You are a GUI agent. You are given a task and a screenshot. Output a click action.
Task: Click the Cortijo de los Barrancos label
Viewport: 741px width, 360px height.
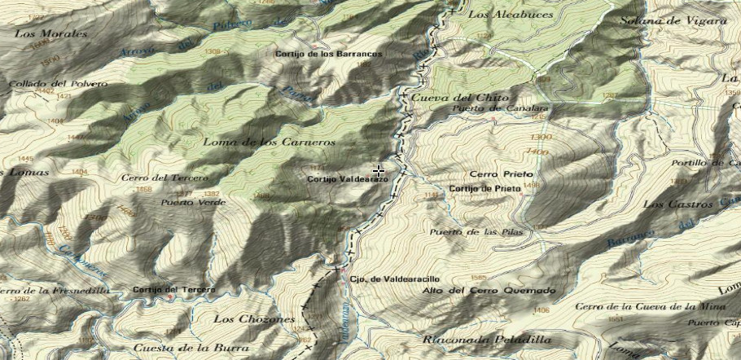[x=328, y=54]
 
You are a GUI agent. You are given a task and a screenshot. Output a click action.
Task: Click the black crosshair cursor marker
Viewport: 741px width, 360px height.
[x=379, y=171]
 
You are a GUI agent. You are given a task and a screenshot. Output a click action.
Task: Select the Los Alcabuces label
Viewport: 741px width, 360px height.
[x=511, y=15]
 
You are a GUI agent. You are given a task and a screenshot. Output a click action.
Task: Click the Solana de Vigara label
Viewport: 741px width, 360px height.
[x=673, y=20]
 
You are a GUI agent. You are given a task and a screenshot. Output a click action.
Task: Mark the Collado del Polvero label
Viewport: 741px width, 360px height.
[x=47, y=84]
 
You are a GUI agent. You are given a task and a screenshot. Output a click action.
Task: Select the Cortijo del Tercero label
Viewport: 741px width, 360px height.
[x=174, y=290]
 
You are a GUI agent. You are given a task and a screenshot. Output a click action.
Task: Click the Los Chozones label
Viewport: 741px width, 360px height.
[x=253, y=319]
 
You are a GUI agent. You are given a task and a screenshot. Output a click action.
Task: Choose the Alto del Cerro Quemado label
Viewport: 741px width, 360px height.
[x=489, y=291]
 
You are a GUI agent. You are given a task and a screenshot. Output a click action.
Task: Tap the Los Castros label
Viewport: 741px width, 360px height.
[x=672, y=204]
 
